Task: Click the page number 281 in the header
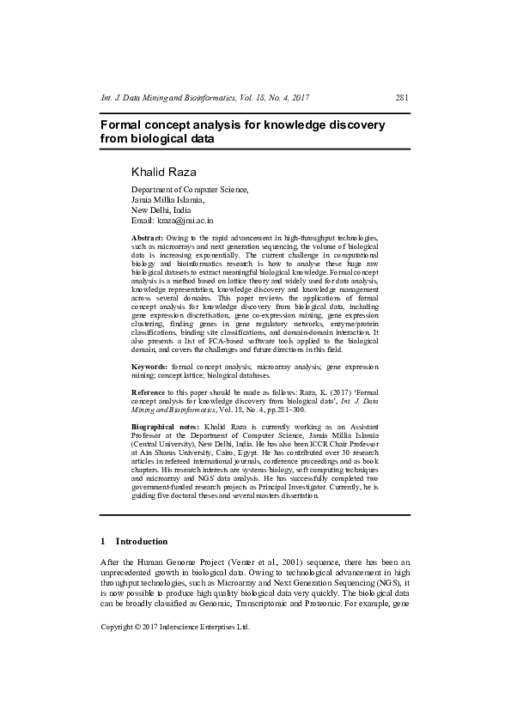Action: [x=402, y=99]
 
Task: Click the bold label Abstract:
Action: [x=147, y=235]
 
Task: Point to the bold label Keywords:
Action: [x=149, y=366]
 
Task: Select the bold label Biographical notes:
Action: [x=165, y=426]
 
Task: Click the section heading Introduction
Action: [x=142, y=542]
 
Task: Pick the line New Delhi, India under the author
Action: [x=161, y=210]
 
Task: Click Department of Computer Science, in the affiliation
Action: [x=189, y=189]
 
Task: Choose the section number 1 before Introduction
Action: [x=103, y=542]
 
